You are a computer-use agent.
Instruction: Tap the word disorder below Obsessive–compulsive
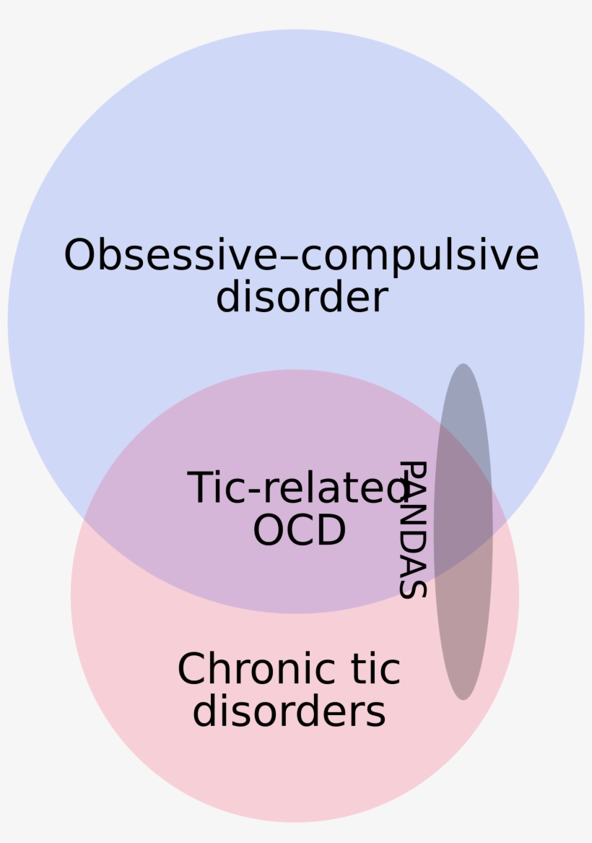[302, 297]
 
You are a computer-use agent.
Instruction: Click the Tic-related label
[296, 488]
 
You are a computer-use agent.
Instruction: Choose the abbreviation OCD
[299, 530]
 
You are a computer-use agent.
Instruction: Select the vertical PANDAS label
[413, 529]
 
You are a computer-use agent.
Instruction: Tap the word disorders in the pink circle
[289, 712]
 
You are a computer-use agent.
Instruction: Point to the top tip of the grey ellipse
[463, 366]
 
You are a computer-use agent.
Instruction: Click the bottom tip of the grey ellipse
[463, 697]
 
